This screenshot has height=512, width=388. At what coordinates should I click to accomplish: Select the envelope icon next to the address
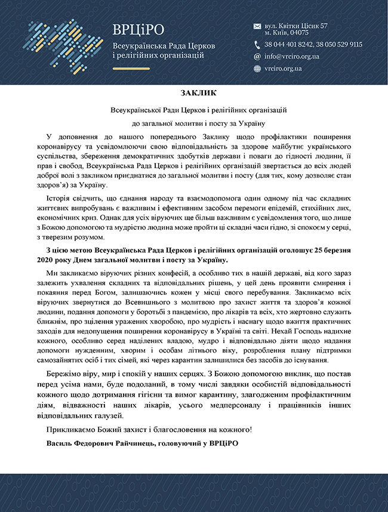[257, 26]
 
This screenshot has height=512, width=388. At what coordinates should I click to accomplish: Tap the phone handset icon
[257, 44]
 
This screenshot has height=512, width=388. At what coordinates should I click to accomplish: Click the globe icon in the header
[257, 69]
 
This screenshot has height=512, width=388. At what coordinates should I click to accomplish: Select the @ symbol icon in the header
[257, 57]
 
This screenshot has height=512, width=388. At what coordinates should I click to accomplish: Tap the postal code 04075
[297, 33]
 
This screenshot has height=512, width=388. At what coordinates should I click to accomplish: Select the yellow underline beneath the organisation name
[131, 69]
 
